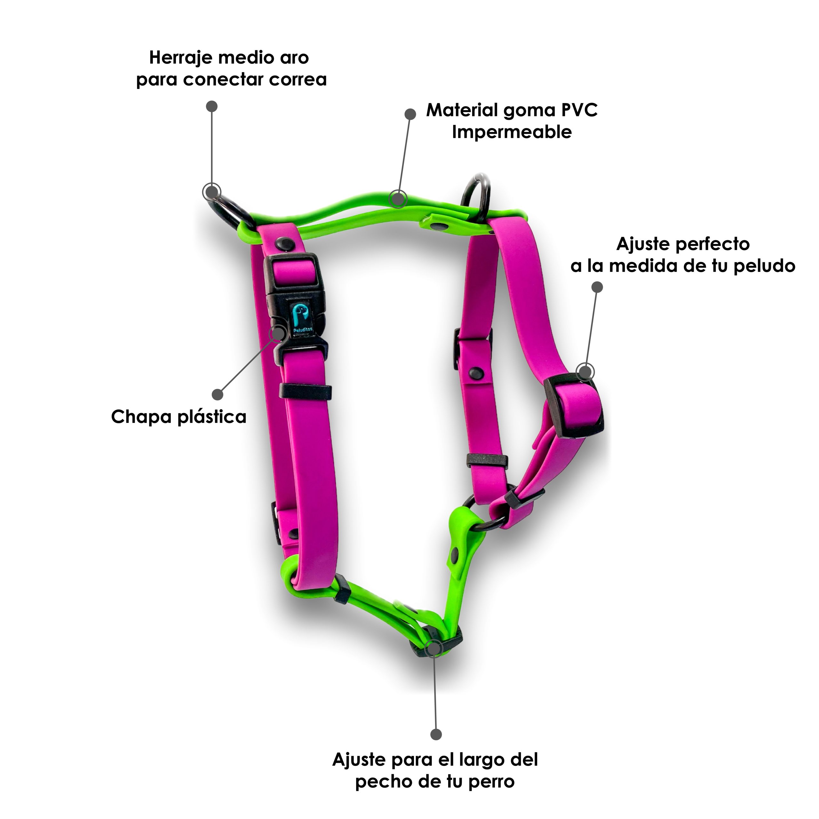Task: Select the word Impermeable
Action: pos(512,132)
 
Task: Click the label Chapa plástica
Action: pos(179,417)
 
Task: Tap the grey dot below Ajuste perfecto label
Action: pos(597,287)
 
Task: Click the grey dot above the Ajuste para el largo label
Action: pos(436,735)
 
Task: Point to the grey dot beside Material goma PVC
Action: pos(410,114)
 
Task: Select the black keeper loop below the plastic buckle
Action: pos(305,391)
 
